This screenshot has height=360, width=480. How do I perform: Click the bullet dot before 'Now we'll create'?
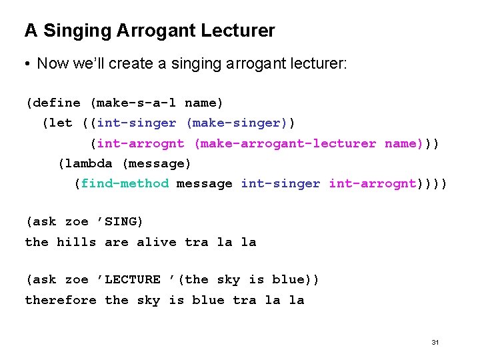27,65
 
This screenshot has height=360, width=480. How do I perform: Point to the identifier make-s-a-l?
137,103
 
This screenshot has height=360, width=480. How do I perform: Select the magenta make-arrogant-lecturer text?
288,143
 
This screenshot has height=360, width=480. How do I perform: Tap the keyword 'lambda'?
89,163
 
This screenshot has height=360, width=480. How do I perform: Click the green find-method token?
125,183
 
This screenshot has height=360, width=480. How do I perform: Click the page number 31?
435,342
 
